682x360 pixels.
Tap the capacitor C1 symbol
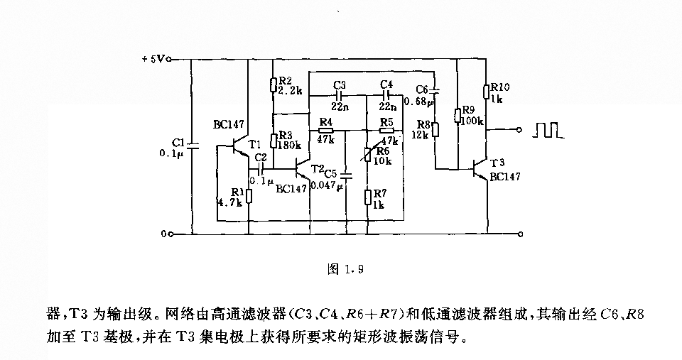tap(193, 145)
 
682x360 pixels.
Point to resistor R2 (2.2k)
tap(274, 86)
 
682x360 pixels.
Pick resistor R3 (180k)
tap(274, 140)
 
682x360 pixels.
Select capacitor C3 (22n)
tap(339, 93)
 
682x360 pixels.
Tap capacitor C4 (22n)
tap(386, 93)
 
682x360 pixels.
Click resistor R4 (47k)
tap(325, 131)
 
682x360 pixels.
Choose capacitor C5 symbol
tap(346, 173)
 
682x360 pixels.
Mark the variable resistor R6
tap(367, 152)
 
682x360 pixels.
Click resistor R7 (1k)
tap(367, 196)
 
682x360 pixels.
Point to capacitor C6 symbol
tap(436, 92)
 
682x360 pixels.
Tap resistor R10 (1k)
tap(488, 91)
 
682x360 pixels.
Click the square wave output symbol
tap(548, 130)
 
